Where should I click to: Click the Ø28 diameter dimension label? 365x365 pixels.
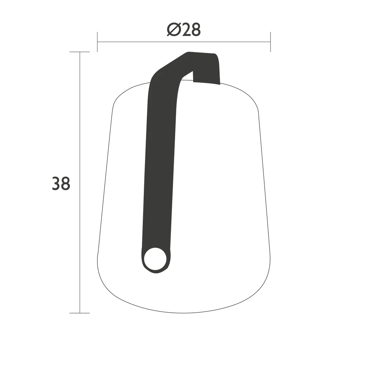click(x=184, y=30)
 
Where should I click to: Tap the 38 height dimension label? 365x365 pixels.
click(x=61, y=184)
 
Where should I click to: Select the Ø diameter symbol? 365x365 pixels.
click(x=173, y=30)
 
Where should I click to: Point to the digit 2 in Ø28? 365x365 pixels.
click(x=186, y=30)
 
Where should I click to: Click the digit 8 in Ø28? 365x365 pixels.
click(x=196, y=30)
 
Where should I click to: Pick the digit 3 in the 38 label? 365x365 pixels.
click(x=56, y=184)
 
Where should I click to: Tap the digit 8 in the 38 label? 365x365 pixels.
click(x=65, y=184)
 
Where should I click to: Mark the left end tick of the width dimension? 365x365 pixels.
click(x=97, y=42)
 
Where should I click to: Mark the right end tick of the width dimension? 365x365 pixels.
click(x=270, y=42)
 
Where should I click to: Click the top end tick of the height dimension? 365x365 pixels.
click(x=80, y=52)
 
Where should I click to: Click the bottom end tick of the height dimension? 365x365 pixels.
click(x=80, y=313)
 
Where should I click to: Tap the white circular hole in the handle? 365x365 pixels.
click(x=155, y=259)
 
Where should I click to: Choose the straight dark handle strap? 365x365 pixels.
click(x=158, y=164)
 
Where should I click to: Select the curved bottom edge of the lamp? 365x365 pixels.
click(x=182, y=312)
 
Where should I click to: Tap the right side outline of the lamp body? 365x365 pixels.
click(x=265, y=182)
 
